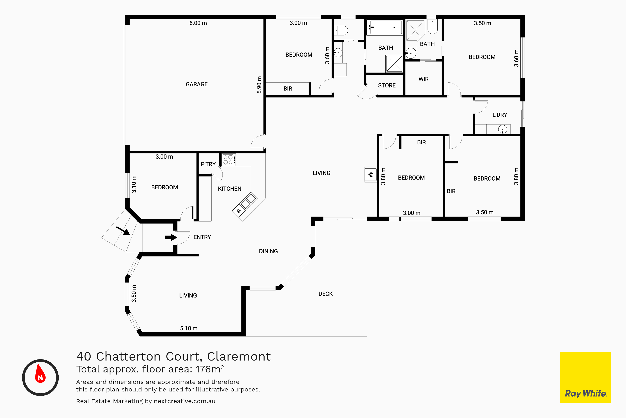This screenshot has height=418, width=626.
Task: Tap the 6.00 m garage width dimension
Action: tap(198, 23)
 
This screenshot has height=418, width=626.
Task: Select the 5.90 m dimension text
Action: tap(259, 85)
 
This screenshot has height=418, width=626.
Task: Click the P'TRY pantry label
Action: tap(208, 164)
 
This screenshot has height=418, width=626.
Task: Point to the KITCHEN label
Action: tap(230, 189)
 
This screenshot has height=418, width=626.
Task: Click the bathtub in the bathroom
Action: tap(385, 27)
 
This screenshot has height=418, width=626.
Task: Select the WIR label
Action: tap(423, 79)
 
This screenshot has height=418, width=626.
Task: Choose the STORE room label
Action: tap(387, 85)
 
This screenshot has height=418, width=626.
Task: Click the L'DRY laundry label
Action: tap(500, 115)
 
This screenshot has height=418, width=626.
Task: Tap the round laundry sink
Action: tap(502, 130)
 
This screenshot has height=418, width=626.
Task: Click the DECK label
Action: tap(326, 294)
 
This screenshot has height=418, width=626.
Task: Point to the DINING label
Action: tap(268, 251)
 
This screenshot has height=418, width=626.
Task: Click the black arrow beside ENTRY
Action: tap(171, 237)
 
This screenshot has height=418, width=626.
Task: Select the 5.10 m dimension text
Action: tap(189, 328)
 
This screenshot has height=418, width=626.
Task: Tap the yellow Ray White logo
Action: tap(586, 377)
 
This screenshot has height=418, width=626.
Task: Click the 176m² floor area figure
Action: tap(210, 369)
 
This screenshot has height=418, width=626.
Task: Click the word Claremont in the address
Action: tap(239, 357)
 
